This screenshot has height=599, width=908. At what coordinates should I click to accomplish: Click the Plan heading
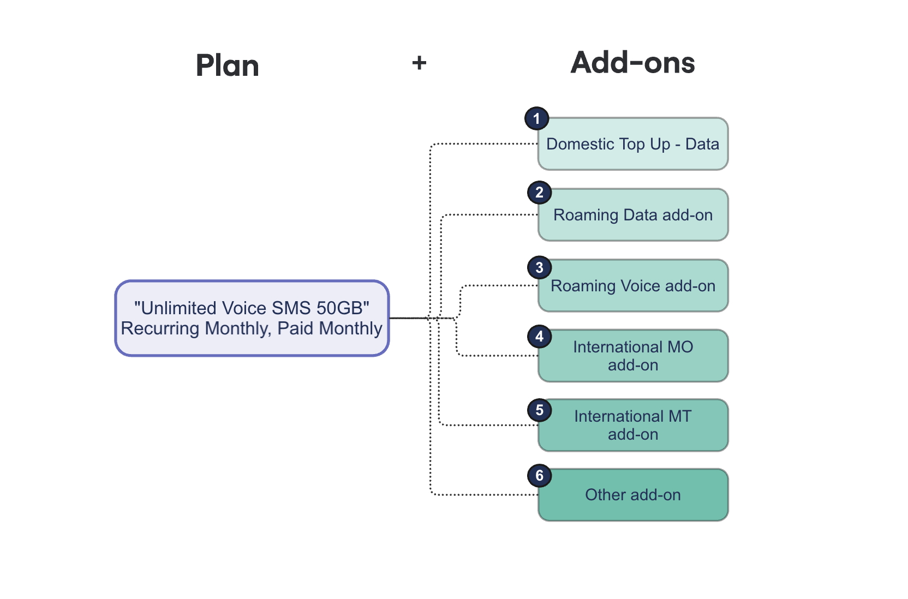(228, 65)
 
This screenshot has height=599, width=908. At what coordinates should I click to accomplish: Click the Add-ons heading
(633, 63)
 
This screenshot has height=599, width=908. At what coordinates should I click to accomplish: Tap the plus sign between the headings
(419, 63)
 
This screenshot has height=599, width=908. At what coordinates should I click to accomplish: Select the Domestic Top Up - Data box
(633, 144)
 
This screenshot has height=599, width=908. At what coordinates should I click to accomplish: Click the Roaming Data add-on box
(633, 215)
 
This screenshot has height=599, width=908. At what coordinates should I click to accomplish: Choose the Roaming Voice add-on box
(633, 286)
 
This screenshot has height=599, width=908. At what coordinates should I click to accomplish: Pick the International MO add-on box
(633, 356)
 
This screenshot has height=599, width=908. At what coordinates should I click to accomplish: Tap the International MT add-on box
(633, 425)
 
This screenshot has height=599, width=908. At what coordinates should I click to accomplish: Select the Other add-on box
(633, 495)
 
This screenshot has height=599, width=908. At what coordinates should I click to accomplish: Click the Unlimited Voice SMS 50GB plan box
(252, 318)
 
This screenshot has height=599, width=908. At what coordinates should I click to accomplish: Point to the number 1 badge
(537, 119)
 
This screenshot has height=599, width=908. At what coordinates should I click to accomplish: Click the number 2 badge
(539, 193)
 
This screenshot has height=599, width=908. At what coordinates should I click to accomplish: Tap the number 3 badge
(539, 267)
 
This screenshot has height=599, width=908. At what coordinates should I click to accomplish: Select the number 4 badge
(539, 337)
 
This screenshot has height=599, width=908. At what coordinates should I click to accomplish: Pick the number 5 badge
(539, 410)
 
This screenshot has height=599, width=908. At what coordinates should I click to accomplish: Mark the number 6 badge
(539, 475)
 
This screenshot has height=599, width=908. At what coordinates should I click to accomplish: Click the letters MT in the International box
(680, 416)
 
